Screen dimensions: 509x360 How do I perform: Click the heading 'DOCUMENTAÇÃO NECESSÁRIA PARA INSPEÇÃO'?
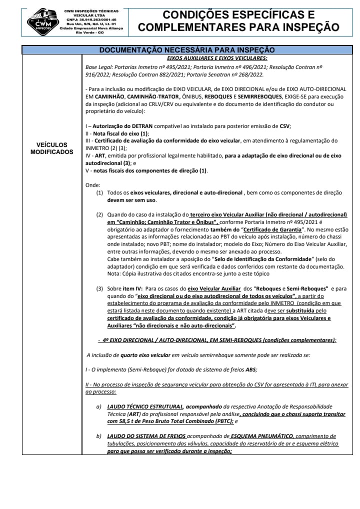pyautogui.click(x=187, y=49)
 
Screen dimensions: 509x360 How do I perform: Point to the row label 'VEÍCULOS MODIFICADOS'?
pyautogui.click(x=52, y=148)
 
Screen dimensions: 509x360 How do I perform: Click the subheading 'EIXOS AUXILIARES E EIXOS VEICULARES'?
pyautogui.click(x=216, y=57)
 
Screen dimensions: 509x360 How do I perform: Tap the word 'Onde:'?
pyautogui.click(x=93, y=185)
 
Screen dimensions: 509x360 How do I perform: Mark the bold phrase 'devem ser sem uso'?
pyautogui.click(x=131, y=200)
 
